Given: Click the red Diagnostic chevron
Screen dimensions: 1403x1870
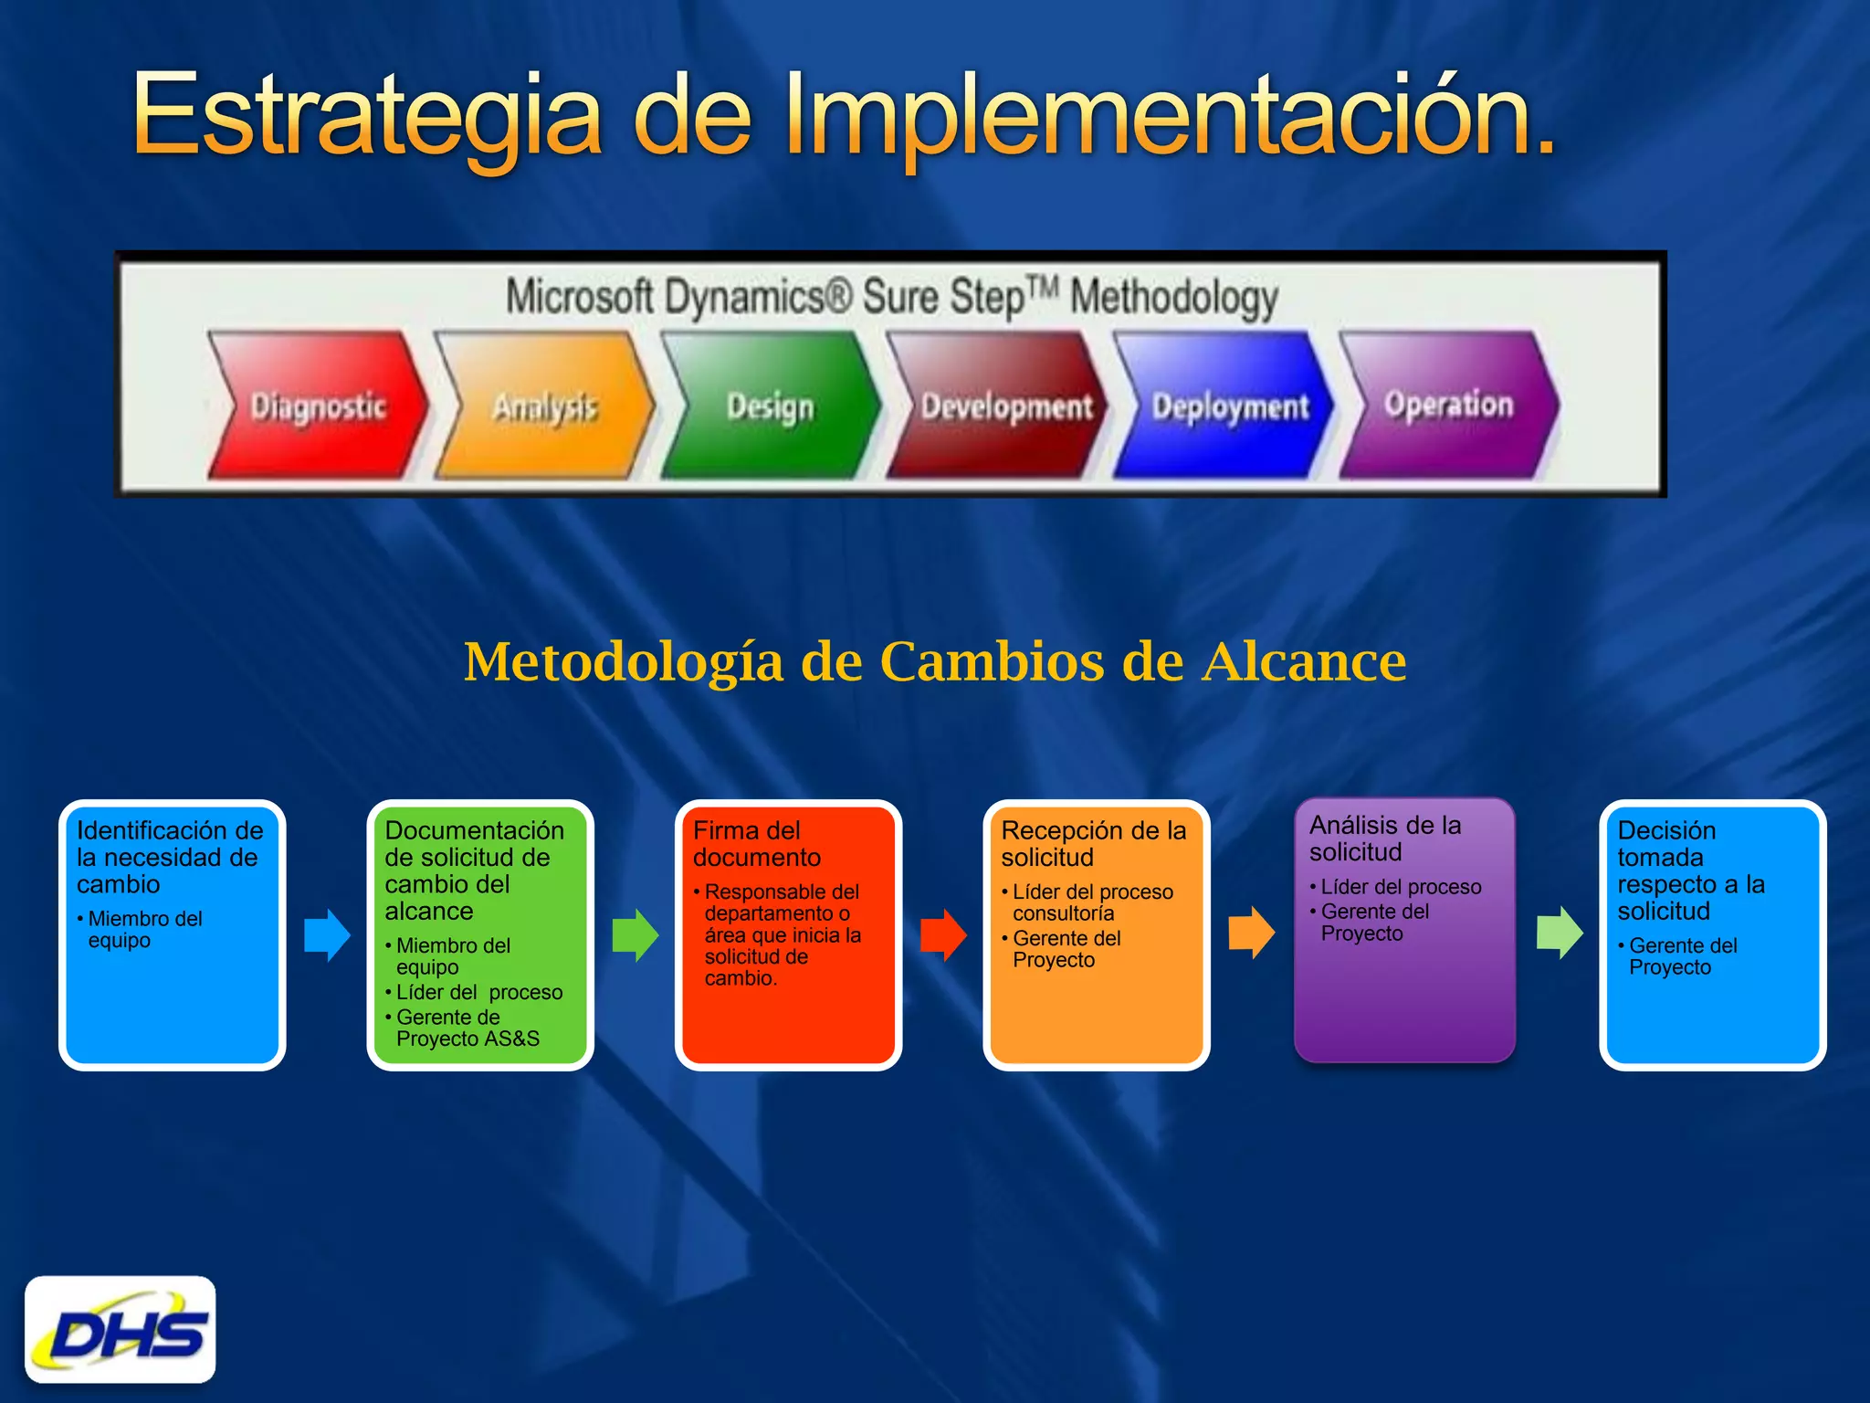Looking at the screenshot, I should click(318, 406).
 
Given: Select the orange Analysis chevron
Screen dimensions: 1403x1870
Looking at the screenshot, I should click(544, 406).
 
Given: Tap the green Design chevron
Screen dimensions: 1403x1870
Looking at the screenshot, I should click(770, 406).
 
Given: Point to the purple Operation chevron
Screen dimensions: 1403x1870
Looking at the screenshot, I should click(1448, 404).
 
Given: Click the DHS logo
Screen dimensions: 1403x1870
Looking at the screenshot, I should click(121, 1329).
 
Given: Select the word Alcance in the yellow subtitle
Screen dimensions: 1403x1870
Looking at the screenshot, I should click(1304, 661).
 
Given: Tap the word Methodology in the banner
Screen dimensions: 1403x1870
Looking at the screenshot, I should click(1173, 298).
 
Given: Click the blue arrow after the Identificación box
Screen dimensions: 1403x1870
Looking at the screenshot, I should click(327, 934).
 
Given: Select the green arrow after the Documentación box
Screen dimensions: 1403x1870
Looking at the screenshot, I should click(635, 934).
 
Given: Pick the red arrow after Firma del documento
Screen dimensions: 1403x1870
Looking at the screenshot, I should click(943, 934).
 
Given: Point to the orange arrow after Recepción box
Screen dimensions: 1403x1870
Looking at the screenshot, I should click(1251, 933).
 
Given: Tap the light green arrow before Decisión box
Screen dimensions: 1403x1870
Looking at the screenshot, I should click(1559, 933).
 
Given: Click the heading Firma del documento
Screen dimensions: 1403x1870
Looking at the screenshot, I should click(756, 844).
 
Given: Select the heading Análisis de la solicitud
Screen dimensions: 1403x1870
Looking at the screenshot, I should click(1384, 839).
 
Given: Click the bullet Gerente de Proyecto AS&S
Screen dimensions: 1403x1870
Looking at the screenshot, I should click(467, 1028).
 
